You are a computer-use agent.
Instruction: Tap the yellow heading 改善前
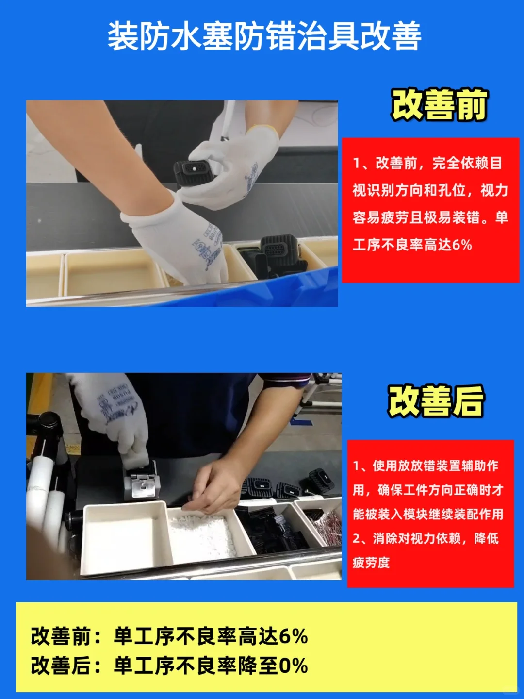[439, 105]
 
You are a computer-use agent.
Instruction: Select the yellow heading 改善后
[436, 401]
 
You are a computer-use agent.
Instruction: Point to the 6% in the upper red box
[461, 245]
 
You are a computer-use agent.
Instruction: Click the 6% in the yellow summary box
[293, 636]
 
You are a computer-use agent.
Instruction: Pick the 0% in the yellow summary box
[293, 666]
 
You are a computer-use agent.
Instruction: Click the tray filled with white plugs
[204, 534]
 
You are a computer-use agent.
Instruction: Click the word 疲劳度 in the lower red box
[371, 563]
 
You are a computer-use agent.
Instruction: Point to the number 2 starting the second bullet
[357, 538]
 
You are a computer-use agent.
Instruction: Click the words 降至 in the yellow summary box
[257, 666]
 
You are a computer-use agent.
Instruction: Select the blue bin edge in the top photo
[272, 291]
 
